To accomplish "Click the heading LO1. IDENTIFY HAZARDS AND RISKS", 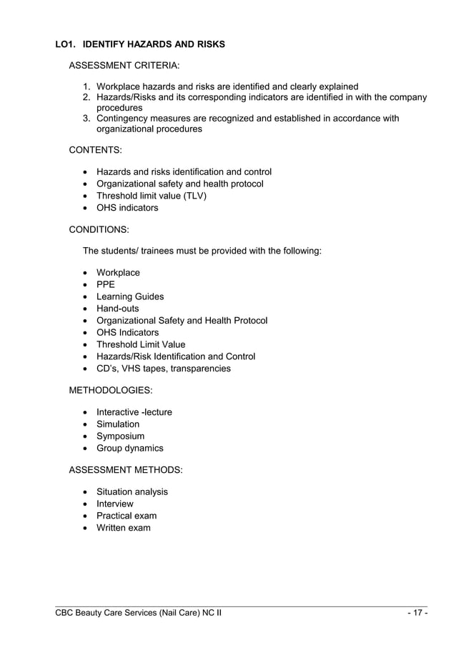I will point(140,44).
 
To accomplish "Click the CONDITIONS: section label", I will point(99,230).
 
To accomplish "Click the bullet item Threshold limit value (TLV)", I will point(151,196).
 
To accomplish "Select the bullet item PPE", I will point(106,284).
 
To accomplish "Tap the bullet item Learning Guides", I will point(130,296).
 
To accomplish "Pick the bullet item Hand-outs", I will point(118,309).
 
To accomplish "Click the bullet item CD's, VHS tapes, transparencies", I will point(164,369).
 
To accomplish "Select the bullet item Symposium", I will point(120,436).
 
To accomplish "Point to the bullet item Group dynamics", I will point(130,448).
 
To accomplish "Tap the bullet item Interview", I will point(115,504).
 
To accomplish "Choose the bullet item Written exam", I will point(124,528).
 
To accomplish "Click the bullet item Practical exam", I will point(127,516).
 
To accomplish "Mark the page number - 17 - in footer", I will point(417,613).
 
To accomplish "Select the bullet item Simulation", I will point(118,424).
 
